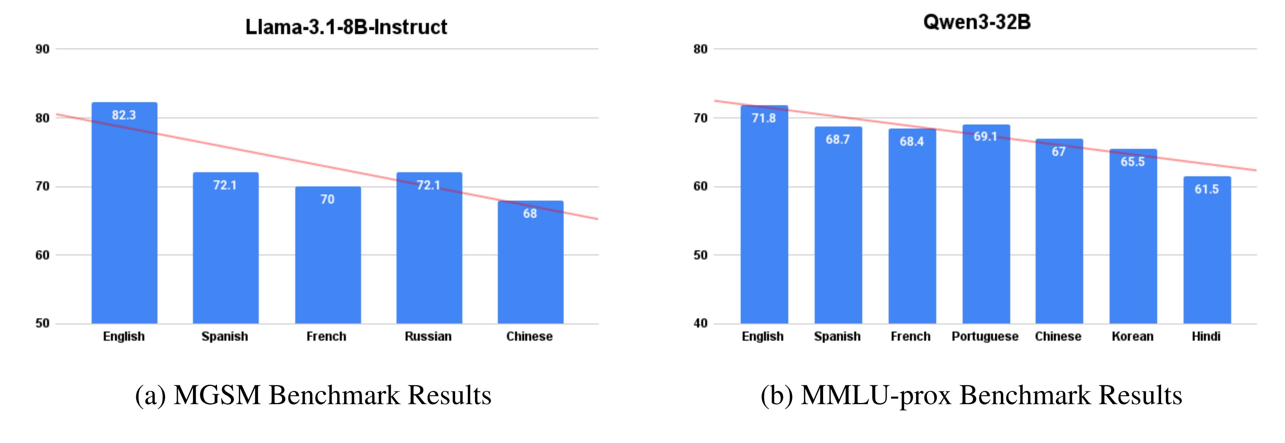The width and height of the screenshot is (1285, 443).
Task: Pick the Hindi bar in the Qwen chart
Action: click(1207, 254)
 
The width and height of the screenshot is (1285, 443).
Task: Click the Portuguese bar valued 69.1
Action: click(986, 229)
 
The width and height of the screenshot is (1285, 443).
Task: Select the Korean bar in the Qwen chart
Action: click(1133, 239)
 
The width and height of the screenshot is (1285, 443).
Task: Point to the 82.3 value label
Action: click(124, 115)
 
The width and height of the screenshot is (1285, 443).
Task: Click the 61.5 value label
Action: click(1206, 189)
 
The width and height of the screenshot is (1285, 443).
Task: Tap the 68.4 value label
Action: click(911, 142)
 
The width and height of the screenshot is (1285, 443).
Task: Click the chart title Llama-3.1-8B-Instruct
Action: click(346, 27)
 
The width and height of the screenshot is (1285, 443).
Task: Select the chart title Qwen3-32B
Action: click(977, 22)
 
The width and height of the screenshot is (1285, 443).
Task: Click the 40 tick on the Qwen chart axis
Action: click(700, 323)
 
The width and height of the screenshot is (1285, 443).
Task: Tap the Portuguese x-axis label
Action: click(985, 337)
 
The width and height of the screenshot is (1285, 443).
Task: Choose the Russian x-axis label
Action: click(428, 337)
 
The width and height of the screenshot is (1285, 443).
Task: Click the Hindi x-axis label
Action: click(1205, 337)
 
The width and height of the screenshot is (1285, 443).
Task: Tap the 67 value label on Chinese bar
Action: click(1058, 152)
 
